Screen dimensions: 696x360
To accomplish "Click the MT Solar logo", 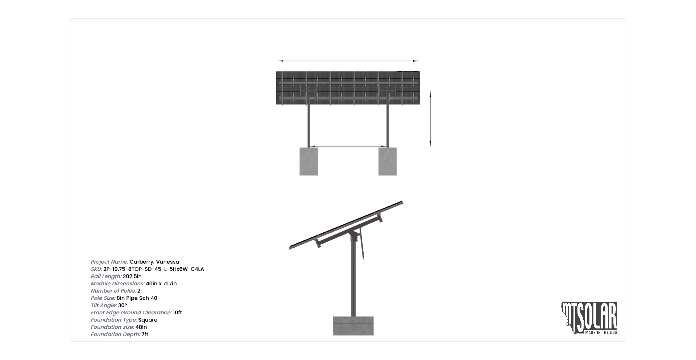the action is (x=589, y=318).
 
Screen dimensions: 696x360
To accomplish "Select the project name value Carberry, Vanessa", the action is (x=154, y=262).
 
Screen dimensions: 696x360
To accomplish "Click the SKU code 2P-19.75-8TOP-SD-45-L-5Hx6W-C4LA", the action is (x=154, y=269).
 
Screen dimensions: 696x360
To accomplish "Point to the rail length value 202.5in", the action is (x=132, y=276).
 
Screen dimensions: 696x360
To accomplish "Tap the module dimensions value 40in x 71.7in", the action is (x=161, y=284).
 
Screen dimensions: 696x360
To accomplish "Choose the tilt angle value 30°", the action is (x=123, y=305).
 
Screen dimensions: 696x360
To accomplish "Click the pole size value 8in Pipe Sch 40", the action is (x=137, y=298).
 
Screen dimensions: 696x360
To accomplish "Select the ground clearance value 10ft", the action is (x=178, y=313).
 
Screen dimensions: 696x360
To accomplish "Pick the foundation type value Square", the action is (x=148, y=320).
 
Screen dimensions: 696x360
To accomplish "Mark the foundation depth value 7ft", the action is (x=145, y=334).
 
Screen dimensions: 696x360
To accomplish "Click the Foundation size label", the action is (x=112, y=327).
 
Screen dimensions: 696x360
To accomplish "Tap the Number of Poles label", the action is (x=113, y=291).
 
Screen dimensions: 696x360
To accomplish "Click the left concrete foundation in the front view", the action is (x=308, y=161).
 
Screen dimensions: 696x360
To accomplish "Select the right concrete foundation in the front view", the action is (x=388, y=161).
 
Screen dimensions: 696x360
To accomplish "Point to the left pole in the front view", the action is (x=308, y=125).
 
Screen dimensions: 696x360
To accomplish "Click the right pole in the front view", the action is (x=388, y=125).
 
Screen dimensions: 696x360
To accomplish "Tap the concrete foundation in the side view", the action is (x=353, y=326).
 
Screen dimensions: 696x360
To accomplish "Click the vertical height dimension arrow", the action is (x=430, y=119).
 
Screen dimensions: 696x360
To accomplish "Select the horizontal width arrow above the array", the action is (x=348, y=61).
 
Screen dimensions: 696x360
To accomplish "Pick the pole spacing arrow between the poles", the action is (x=348, y=146).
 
